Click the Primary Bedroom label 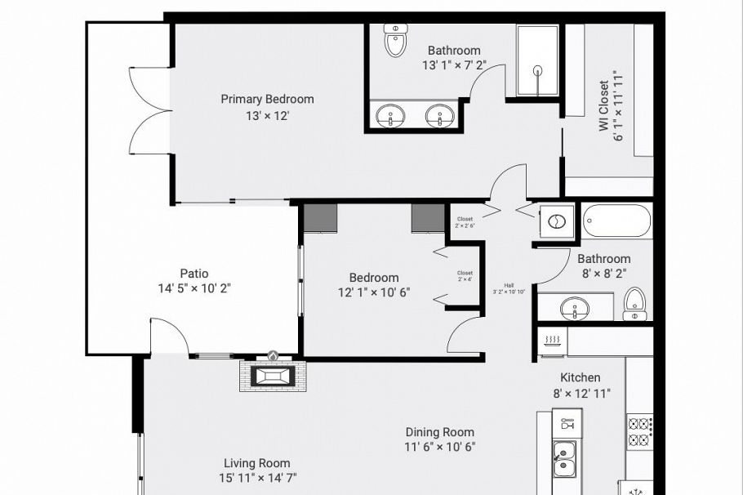coord(267,99)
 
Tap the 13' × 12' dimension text coord(267,116)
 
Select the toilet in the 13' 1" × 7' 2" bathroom coord(395,42)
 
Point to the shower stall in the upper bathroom coord(537,61)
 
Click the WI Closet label coord(603,105)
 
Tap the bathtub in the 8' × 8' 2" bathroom coord(616,221)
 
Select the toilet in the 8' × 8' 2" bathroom coord(635,304)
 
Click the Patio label coord(194,274)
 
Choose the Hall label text coord(509,285)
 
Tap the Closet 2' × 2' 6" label coord(465,222)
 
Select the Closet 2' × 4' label coord(465,275)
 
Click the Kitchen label coord(581,377)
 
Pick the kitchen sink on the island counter coord(563,458)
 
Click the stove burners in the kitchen coord(638,432)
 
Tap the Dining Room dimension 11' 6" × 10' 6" coord(440,447)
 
